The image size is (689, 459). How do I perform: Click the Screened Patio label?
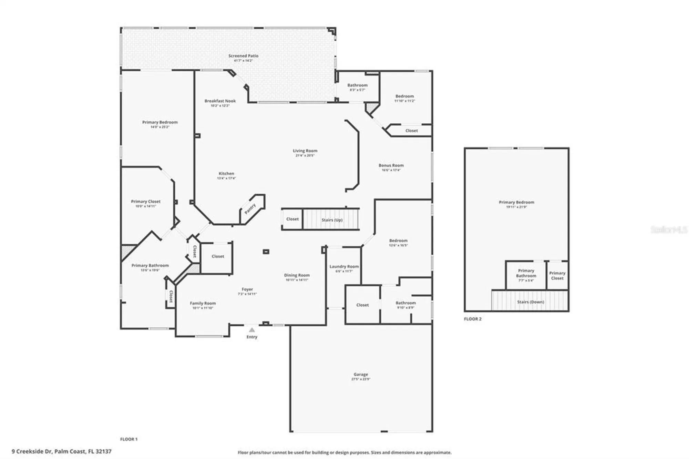click(243, 56)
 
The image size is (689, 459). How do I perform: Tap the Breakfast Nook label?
click(220, 101)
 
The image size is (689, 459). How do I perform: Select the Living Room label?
click(305, 151)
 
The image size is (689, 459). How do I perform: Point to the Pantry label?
click(250, 209)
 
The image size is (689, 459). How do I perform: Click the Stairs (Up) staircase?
click(331, 220)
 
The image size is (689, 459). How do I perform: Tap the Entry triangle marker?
click(252, 330)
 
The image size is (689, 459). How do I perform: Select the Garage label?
click(361, 374)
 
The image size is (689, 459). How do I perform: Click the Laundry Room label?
click(344, 266)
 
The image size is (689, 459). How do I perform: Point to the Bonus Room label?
click(391, 165)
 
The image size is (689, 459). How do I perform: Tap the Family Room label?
click(203, 303)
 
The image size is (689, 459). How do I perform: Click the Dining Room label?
click(297, 275)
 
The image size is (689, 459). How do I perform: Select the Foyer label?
click(247, 289)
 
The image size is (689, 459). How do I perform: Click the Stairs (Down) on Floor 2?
click(530, 302)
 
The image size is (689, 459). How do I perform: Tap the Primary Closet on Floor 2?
click(557, 275)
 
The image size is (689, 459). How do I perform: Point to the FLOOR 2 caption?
click(473, 319)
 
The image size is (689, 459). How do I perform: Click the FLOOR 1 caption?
click(129, 439)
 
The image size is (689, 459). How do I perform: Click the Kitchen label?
click(226, 173)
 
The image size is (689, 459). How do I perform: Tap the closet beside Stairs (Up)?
click(292, 219)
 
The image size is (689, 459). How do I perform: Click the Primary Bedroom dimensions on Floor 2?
click(516, 207)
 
